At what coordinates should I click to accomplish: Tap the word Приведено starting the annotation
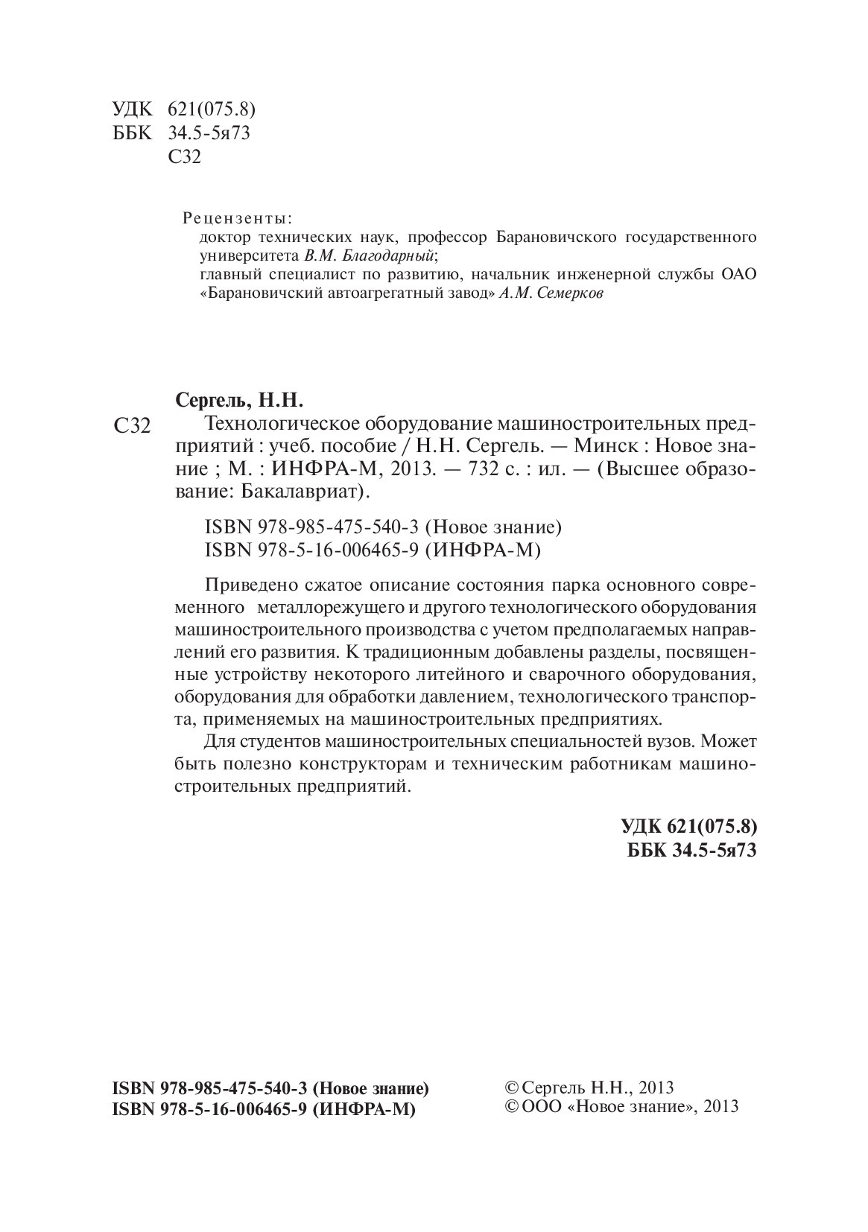[x=247, y=582]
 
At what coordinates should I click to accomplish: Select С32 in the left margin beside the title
[x=131, y=427]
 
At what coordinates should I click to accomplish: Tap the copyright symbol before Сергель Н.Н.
[x=512, y=1087]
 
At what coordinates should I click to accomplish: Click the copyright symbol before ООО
[x=512, y=1106]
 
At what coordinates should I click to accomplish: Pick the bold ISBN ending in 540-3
[x=270, y=1088]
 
